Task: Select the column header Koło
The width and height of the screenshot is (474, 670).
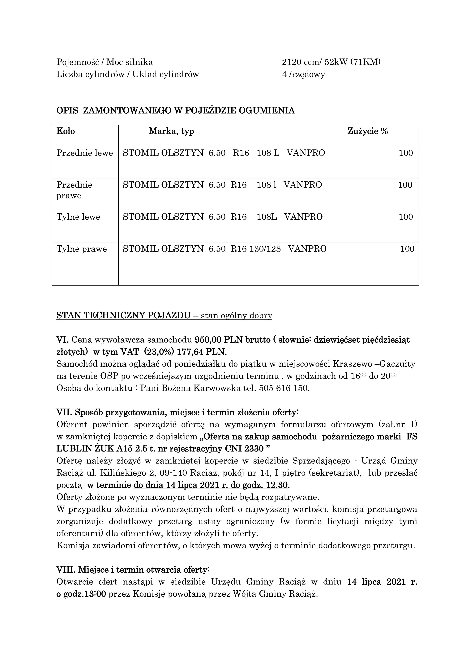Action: (x=66, y=131)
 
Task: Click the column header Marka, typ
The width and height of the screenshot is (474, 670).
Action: (x=171, y=131)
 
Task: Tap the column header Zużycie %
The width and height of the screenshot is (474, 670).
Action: (x=367, y=131)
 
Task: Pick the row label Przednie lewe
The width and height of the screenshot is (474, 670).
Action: (x=85, y=153)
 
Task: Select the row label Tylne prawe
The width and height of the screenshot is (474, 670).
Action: (x=82, y=249)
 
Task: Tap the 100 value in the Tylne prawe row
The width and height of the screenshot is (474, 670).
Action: (x=407, y=249)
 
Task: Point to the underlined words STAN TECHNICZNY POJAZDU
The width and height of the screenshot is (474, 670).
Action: (x=123, y=316)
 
